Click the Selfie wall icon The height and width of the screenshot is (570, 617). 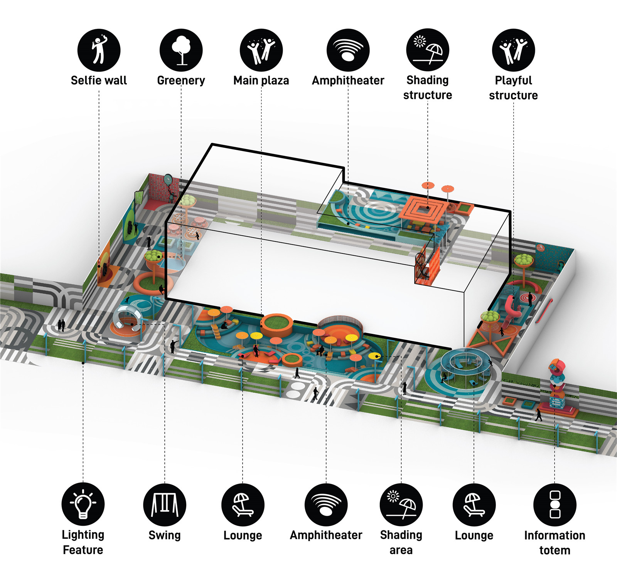coord(99,50)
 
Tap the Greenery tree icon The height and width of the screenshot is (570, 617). coord(181,50)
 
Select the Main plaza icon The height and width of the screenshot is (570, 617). coord(261,50)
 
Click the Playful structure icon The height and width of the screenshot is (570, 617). coord(513,50)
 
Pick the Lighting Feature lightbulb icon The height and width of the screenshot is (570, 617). coord(83,504)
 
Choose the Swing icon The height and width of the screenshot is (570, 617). coord(165,505)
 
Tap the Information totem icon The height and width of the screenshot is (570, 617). coord(555,505)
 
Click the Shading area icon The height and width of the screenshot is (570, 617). coord(401,505)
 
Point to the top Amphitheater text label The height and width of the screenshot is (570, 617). coord(348,80)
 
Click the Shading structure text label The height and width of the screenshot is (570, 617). coord(428,87)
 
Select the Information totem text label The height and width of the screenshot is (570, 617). coord(555,543)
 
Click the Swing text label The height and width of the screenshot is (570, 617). coord(165,535)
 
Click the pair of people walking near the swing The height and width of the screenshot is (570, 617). coord(61,325)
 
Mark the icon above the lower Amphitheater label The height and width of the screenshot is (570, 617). coord(326,505)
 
